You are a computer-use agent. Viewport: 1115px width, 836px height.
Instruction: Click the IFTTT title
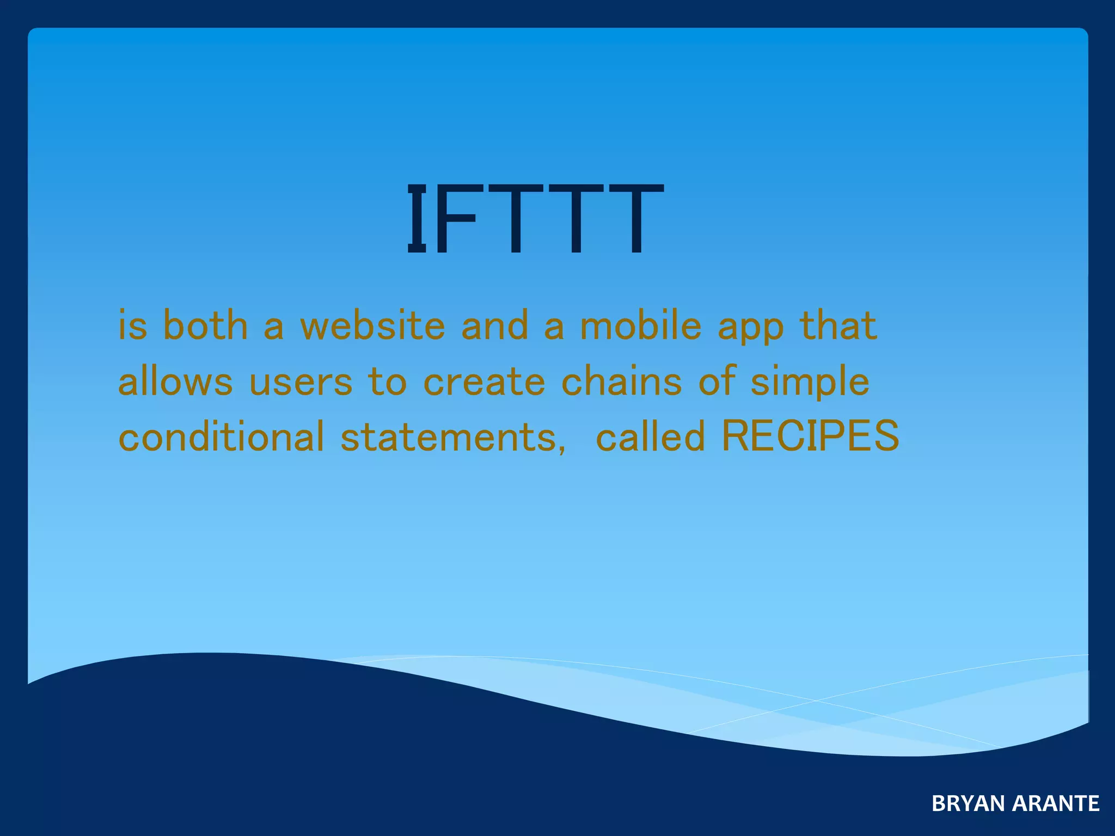[x=535, y=219]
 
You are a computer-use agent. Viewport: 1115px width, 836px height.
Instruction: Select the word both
[x=205, y=325]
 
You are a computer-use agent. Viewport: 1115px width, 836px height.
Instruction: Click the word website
[x=373, y=325]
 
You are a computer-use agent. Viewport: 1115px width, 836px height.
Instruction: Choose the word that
[x=838, y=325]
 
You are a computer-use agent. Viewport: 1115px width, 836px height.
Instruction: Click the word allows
[x=175, y=381]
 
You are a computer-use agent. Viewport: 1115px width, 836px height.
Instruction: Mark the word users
[x=301, y=382]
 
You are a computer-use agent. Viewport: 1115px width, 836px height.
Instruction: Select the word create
[x=484, y=382]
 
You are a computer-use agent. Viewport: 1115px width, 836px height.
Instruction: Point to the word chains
[x=621, y=381]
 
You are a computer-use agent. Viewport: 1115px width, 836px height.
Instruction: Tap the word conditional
[x=221, y=437]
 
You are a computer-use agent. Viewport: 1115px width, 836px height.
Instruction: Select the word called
[x=651, y=437]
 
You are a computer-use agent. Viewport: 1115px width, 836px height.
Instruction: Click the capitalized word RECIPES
[x=810, y=437]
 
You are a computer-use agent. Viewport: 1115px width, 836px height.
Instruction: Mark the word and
[x=495, y=325]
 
